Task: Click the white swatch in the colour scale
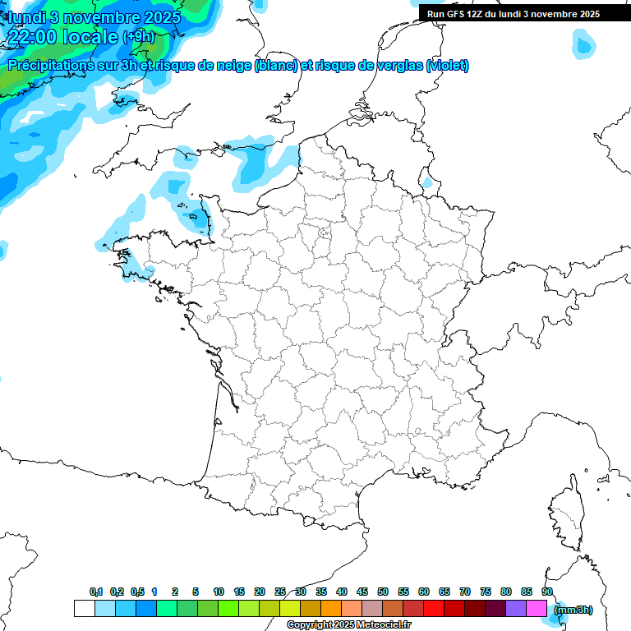(84, 609)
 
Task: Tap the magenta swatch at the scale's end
(537, 609)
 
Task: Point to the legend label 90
(546, 592)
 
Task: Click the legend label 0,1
(96, 592)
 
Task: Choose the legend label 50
(383, 592)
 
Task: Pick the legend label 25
(280, 592)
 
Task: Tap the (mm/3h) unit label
(573, 610)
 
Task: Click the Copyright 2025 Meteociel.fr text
(348, 625)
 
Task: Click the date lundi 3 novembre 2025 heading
(85, 17)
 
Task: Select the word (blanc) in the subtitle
(276, 66)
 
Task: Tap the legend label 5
(196, 592)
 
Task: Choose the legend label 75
(486, 592)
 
